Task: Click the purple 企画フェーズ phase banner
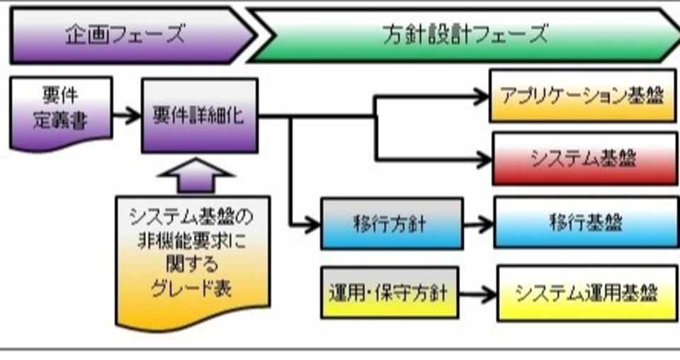pyautogui.click(x=127, y=34)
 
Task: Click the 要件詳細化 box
pyautogui.click(x=199, y=116)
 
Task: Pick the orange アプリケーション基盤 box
pyautogui.click(x=583, y=96)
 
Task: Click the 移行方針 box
pyautogui.click(x=391, y=223)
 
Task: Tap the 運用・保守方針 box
pyautogui.click(x=390, y=291)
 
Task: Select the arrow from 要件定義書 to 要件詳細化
pyautogui.click(x=127, y=116)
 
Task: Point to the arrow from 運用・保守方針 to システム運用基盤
pyautogui.click(x=478, y=293)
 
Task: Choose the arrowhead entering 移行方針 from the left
pyautogui.click(x=312, y=225)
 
